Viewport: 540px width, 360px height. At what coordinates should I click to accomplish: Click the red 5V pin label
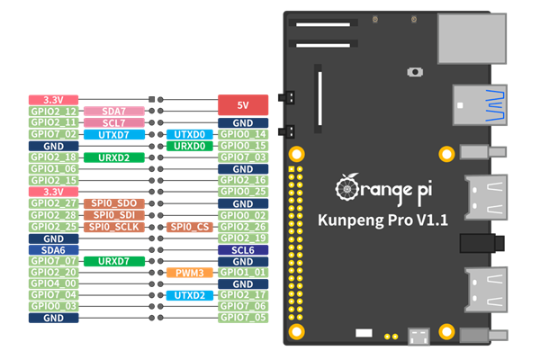click(x=244, y=105)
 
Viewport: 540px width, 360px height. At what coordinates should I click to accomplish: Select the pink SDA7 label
click(x=113, y=112)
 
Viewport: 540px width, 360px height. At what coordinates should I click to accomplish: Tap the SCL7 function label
click(x=113, y=123)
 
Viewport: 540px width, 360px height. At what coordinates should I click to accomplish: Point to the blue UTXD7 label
click(x=113, y=135)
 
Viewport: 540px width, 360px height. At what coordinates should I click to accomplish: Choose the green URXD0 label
click(x=189, y=146)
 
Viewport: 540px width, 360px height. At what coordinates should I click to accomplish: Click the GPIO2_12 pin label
click(x=53, y=112)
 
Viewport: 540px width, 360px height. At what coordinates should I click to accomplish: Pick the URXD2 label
click(x=113, y=157)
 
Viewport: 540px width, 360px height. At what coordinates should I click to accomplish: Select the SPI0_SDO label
click(x=113, y=204)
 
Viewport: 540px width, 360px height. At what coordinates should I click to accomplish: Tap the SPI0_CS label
click(x=189, y=227)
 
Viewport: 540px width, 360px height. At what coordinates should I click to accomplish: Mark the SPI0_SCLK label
click(x=113, y=227)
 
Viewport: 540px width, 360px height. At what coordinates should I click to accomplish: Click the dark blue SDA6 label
click(x=53, y=250)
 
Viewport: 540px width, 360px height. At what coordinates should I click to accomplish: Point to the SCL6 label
click(x=244, y=250)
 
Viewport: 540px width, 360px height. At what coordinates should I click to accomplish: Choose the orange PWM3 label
click(x=189, y=273)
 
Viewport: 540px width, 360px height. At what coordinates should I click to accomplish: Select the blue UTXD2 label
click(x=189, y=295)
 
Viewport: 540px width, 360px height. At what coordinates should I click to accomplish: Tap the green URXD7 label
click(x=113, y=261)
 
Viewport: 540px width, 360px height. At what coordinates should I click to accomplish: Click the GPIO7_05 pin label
click(x=244, y=318)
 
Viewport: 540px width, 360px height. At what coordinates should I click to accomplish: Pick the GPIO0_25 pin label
click(x=244, y=192)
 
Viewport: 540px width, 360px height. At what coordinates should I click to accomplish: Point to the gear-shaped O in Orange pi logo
click(x=348, y=187)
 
